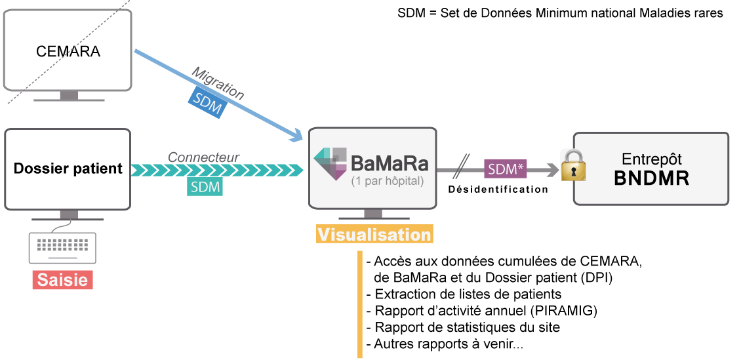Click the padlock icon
tap(572, 165)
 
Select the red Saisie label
tap(62, 280)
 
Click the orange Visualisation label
tap(374, 234)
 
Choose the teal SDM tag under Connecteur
tap(205, 187)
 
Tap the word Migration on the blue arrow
tap(218, 83)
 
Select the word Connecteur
tap(204, 157)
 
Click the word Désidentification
tap(498, 190)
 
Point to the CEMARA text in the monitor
tap(68, 52)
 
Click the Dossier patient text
tap(68, 169)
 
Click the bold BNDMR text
tap(651, 178)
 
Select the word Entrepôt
tap(651, 159)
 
